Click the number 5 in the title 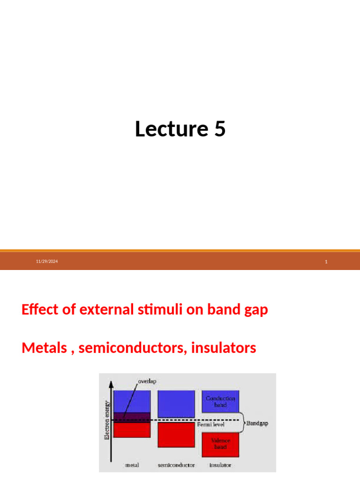[219, 129]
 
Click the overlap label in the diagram [147, 382]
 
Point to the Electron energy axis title [107, 420]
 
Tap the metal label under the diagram [132, 465]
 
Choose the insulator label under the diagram [220, 465]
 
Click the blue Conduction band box [220, 402]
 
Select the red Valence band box [220, 444]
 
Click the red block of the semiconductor [176, 435]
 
